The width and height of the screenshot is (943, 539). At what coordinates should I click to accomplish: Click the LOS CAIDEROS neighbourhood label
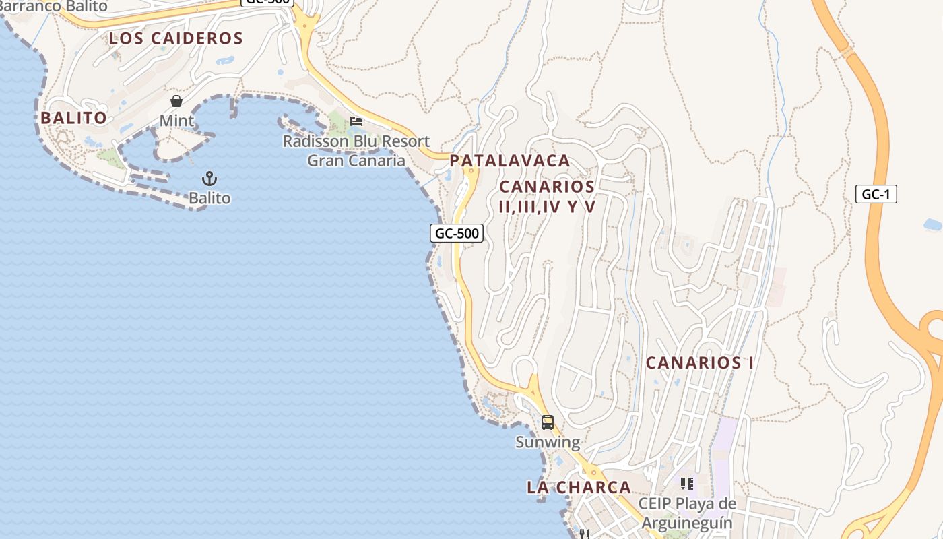[x=176, y=38]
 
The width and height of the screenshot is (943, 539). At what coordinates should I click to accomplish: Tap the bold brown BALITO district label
[x=73, y=118]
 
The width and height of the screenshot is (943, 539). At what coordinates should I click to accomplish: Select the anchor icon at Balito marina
[x=209, y=179]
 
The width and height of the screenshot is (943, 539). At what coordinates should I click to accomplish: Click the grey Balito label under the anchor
[x=209, y=198]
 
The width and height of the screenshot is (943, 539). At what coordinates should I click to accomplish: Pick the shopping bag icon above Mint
[x=176, y=101]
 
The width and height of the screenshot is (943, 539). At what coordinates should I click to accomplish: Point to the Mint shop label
[x=176, y=121]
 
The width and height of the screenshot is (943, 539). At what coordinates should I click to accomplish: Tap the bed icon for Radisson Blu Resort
[x=356, y=121]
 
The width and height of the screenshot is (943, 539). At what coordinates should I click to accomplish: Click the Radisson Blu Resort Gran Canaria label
[x=356, y=151]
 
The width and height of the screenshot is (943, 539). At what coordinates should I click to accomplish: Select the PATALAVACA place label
[x=510, y=161]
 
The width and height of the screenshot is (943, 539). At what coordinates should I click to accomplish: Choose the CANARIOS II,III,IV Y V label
[x=548, y=196]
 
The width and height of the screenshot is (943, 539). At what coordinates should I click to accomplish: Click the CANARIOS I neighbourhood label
[x=700, y=362]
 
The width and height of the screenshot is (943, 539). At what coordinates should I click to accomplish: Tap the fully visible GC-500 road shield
[x=457, y=233]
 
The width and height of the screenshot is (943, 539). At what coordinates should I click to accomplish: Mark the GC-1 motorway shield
[x=876, y=194]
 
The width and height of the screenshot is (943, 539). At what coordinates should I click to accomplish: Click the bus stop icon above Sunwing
[x=548, y=422]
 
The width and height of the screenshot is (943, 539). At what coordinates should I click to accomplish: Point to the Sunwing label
[x=548, y=442]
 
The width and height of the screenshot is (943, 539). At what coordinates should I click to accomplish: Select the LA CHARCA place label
[x=579, y=487]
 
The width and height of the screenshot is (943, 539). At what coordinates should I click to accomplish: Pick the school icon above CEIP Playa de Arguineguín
[x=687, y=483]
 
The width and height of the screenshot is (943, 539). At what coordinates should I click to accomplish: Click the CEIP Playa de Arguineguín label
[x=687, y=513]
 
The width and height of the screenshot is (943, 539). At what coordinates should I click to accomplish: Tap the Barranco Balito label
[x=54, y=6]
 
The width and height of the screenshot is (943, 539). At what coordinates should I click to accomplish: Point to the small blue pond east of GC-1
[x=933, y=225]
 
